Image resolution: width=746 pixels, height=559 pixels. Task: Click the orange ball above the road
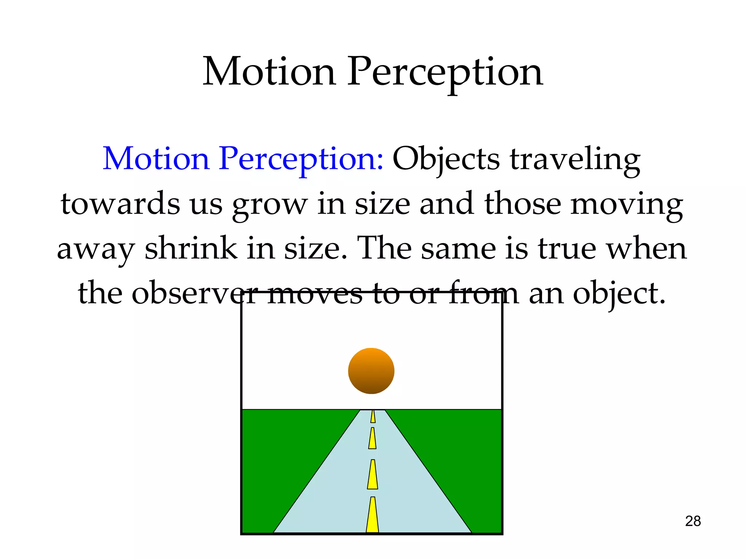point(371,371)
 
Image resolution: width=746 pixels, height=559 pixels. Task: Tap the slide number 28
point(693,521)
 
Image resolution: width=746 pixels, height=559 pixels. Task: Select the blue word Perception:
point(301,159)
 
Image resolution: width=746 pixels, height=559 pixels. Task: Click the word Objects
point(446,159)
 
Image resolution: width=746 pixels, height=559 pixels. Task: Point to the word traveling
point(575,159)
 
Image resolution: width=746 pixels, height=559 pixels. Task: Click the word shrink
point(191,248)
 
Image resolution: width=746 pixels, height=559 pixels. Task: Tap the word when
point(646,248)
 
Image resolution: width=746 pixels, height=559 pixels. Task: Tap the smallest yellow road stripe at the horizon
point(373,416)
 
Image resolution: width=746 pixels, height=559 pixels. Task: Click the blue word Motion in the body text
point(156,159)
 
